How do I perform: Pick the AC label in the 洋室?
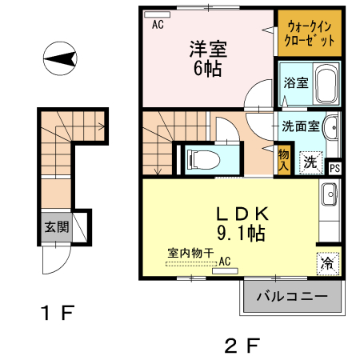click(158, 24)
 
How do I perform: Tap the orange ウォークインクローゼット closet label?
click(309, 32)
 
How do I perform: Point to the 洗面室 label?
click(300, 126)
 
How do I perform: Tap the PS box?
click(335, 168)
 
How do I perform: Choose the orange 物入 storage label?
click(283, 159)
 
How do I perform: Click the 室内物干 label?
click(190, 253)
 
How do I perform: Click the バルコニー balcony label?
click(292, 297)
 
